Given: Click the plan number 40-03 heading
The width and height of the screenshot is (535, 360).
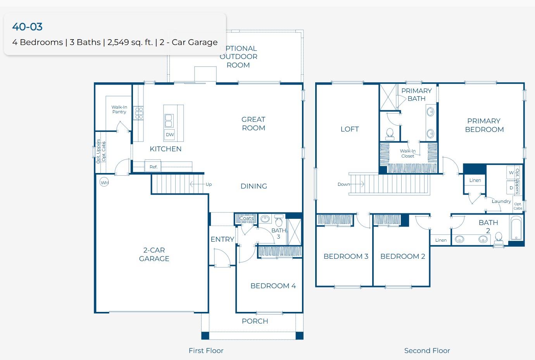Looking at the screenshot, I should coord(27,27).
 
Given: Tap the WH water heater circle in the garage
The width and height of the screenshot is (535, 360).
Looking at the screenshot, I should coord(104,182).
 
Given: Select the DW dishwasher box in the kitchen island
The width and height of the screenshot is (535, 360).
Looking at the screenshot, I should coord(170,135).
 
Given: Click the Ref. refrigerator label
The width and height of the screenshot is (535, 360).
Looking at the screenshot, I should coord(154,167).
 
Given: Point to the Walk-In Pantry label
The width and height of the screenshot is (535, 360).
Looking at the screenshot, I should coord(119,109).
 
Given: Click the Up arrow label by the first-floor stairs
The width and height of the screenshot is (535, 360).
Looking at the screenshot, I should coord(209,184).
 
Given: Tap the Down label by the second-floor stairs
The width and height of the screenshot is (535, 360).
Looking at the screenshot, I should coord(343,184).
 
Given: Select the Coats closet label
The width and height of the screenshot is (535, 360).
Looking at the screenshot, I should coord(247,218).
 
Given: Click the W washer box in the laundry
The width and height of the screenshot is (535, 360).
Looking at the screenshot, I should coord(511,172).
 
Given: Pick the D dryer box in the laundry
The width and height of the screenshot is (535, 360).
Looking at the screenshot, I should coord(511,188).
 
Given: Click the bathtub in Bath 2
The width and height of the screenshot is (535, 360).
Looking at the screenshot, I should coord(516,229).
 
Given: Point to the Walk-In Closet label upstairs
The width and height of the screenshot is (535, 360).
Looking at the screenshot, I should coord(407,154).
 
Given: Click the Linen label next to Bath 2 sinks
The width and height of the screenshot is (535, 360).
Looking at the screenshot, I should coord(441,240).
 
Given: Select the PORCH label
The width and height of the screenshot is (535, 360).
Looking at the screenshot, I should coord(255,321).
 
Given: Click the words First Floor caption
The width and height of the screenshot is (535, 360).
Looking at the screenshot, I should coord(206,351).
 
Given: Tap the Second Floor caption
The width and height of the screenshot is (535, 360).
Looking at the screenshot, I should coord(427,351).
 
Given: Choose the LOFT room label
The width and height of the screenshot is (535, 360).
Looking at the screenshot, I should coord(349,129).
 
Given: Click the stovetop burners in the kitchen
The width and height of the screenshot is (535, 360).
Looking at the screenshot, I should coord(139,113).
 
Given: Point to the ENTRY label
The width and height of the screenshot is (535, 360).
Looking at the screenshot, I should coord(222,239).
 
